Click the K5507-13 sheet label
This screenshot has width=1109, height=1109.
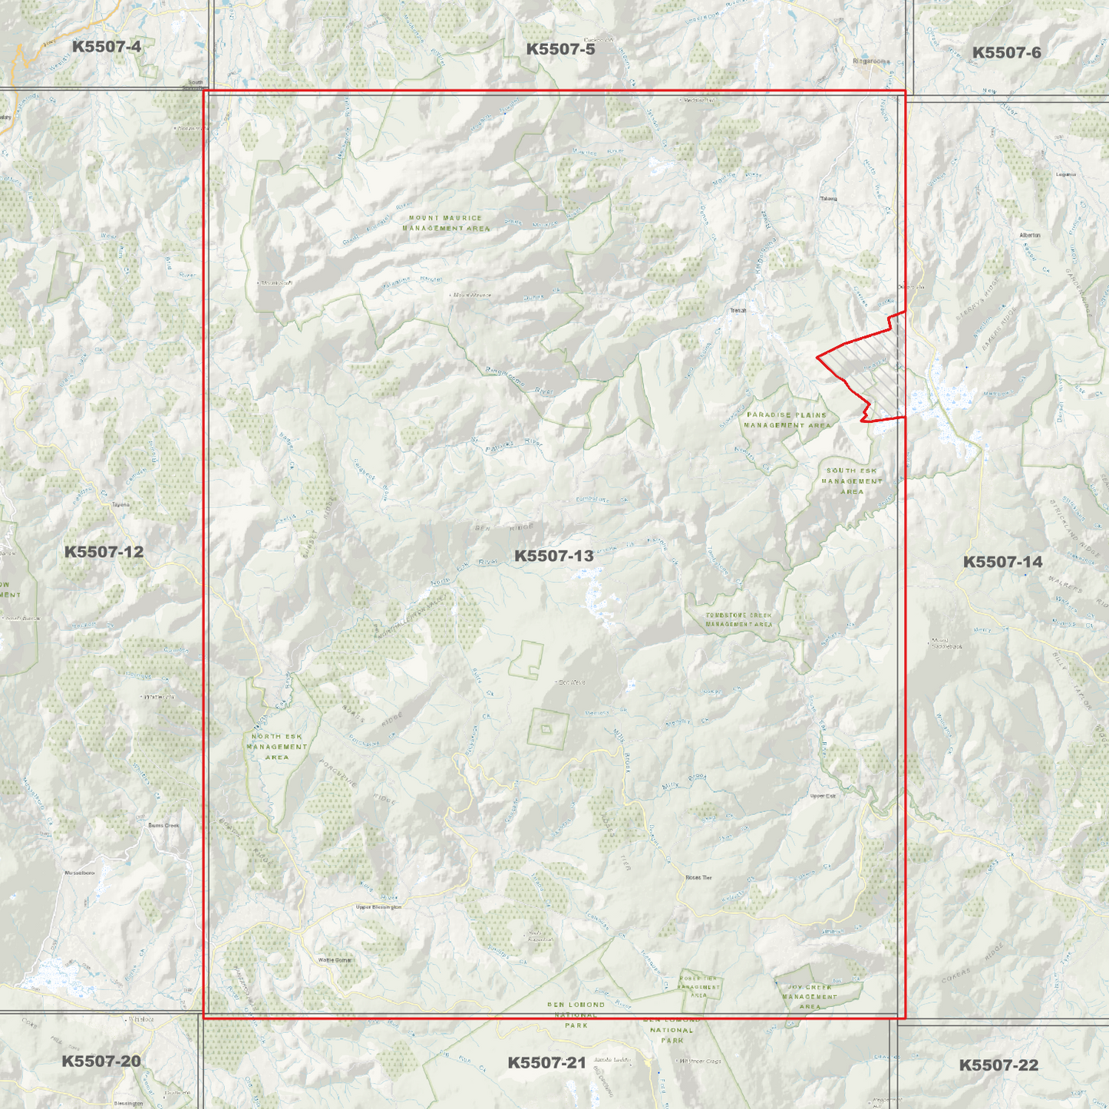click(553, 556)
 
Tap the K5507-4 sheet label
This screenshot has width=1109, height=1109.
click(106, 47)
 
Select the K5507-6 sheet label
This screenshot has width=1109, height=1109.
click(1006, 53)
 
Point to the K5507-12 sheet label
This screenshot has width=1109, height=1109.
click(104, 552)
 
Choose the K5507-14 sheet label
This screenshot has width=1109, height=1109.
click(1002, 562)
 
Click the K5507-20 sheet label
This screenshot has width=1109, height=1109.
click(101, 1061)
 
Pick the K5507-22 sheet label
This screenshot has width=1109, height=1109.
click(998, 1065)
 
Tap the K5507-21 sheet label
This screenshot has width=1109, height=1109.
click(546, 1063)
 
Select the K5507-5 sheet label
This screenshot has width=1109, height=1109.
click(560, 49)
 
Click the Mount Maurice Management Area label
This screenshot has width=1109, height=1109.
click(445, 223)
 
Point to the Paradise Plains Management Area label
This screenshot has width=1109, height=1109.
click(787, 420)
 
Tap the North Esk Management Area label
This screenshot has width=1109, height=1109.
click(277, 747)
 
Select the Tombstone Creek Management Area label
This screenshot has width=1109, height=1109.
click(738, 620)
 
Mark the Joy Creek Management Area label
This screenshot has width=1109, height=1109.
click(810, 997)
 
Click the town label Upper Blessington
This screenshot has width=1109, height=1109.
click(378, 907)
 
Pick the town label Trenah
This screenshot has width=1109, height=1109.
click(738, 311)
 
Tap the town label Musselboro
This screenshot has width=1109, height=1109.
click(79, 873)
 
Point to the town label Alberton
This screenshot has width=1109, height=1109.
click(1029, 235)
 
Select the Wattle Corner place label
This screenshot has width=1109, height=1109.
click(335, 960)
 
